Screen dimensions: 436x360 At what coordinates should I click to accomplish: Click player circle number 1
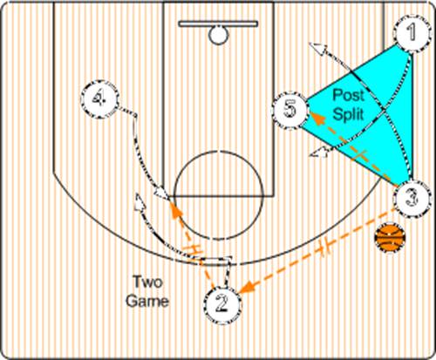coord(412,33)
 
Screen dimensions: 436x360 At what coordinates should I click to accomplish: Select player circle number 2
coord(223,304)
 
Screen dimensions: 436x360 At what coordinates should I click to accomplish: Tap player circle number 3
coord(412,199)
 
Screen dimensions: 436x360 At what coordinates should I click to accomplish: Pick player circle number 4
coord(99,98)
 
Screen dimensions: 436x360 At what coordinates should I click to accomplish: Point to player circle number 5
coord(290,110)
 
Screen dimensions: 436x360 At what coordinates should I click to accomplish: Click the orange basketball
coord(390,237)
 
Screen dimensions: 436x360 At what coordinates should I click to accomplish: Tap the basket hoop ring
coord(219,35)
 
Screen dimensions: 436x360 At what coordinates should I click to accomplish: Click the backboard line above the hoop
coord(218,24)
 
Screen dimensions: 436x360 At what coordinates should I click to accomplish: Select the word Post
coord(348,95)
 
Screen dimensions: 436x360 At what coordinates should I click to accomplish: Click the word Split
coord(348,113)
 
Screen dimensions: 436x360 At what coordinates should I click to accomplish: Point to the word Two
coord(147,282)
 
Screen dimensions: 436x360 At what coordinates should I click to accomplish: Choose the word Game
coord(147,301)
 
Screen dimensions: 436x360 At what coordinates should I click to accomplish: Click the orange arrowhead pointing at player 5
coord(317,118)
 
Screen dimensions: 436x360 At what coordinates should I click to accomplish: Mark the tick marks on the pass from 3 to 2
coord(325,247)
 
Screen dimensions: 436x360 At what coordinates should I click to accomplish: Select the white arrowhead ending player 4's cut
coord(161,194)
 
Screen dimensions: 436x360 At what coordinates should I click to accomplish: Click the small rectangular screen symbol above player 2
coord(216,261)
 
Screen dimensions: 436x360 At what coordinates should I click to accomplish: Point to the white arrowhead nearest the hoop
coord(318,48)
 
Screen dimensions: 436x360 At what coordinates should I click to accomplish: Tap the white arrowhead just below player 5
coord(318,152)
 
